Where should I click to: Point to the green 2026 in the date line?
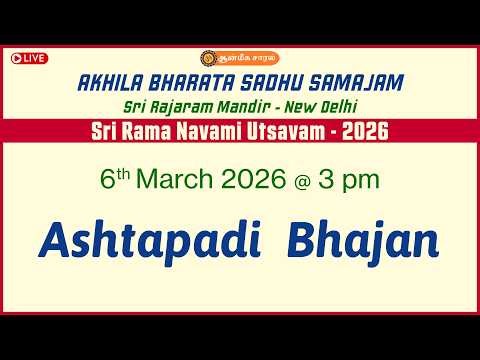tap(264, 184)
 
